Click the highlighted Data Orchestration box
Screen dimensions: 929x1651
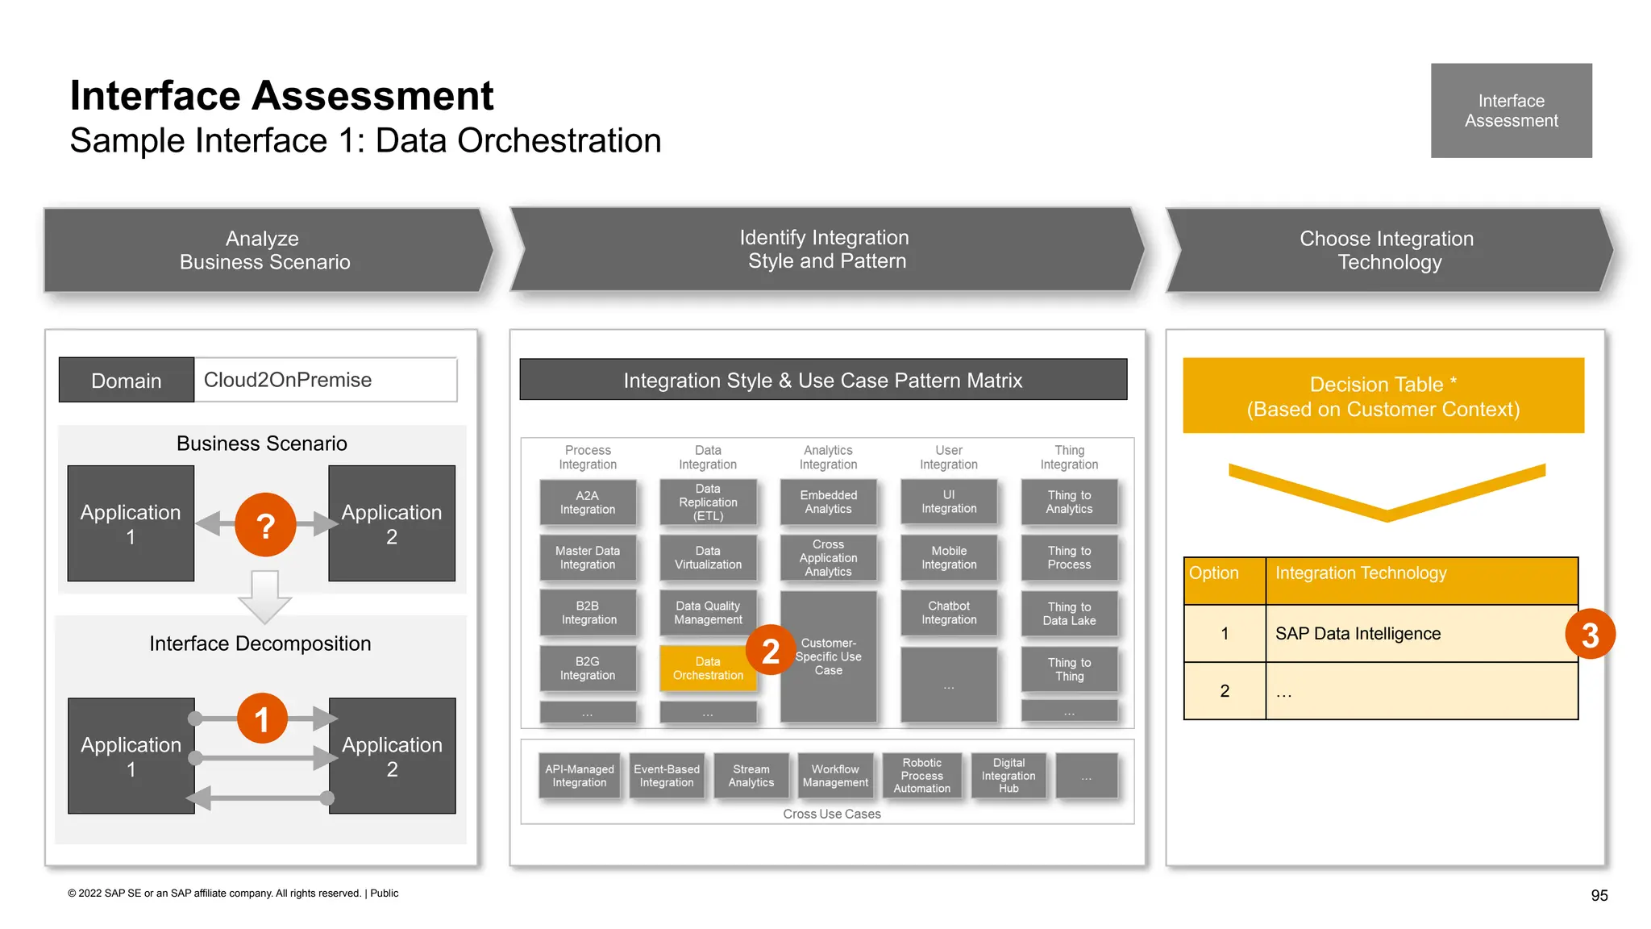[x=708, y=669]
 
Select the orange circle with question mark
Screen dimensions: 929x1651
[x=265, y=525]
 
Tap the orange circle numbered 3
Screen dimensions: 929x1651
[x=1590, y=635]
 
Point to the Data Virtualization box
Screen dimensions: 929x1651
[x=708, y=558]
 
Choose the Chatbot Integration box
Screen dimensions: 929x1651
[x=949, y=613]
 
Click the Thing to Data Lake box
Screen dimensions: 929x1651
[x=1069, y=614]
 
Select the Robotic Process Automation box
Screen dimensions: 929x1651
[x=921, y=776]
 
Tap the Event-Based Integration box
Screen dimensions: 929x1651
[x=667, y=776]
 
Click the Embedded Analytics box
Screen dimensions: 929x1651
[x=828, y=502]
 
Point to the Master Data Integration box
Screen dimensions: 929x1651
[x=588, y=558]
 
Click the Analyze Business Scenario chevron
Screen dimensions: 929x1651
[x=265, y=250]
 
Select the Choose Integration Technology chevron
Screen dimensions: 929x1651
[x=1387, y=250]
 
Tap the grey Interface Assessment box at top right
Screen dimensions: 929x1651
[x=1511, y=110]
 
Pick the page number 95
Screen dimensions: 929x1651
[x=1599, y=895]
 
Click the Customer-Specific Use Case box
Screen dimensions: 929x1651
[x=828, y=656]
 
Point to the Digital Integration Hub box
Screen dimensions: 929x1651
[x=1008, y=776]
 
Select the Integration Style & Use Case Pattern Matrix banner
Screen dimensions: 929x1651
[x=822, y=380]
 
